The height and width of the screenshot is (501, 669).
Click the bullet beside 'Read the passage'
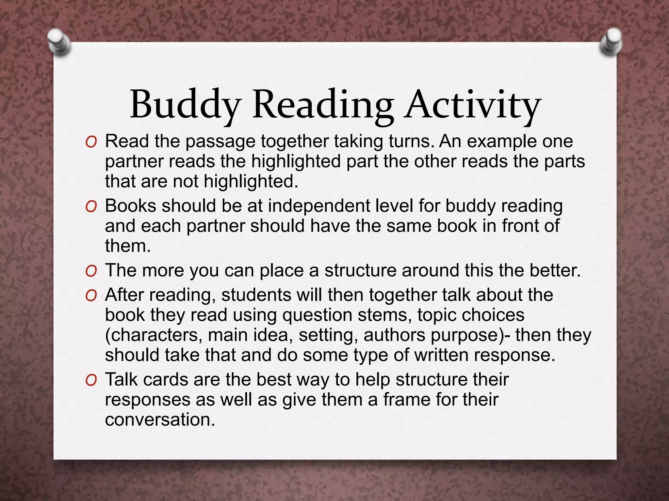(91, 142)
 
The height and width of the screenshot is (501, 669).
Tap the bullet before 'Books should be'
(91, 207)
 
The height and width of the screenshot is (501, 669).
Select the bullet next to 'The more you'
(91, 271)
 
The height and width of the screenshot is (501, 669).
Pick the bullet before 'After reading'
(91, 296)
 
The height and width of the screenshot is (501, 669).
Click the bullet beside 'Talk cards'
(91, 380)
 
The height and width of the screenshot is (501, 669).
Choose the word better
(555, 271)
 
